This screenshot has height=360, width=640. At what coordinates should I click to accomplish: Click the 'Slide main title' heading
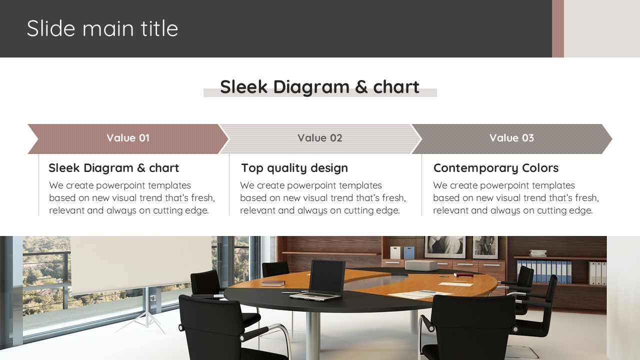tap(102, 28)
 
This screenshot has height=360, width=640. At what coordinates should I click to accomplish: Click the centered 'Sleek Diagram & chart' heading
tap(319, 86)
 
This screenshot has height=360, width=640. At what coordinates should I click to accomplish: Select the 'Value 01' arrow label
tap(128, 138)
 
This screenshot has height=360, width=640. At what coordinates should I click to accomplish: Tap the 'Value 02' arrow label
tap(319, 138)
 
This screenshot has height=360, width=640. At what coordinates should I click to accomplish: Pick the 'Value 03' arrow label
tap(511, 138)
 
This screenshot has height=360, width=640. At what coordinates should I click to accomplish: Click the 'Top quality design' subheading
tap(294, 168)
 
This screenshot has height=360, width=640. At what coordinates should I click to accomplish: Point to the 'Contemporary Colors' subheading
tap(496, 168)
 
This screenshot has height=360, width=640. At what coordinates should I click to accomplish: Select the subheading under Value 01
tap(113, 168)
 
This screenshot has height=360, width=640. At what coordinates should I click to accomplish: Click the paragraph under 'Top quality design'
tap(323, 197)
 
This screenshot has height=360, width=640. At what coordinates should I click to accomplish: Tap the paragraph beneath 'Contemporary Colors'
tap(516, 197)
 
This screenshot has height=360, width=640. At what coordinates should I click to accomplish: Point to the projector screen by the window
tap(141, 264)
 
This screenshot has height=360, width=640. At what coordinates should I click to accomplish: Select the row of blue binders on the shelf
tap(544, 271)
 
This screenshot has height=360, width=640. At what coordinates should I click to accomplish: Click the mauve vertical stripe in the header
tap(557, 28)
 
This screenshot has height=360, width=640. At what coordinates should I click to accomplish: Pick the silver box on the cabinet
tap(421, 265)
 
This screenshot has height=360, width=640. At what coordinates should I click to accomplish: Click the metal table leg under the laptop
tap(313, 335)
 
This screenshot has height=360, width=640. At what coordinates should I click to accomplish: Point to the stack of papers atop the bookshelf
tap(537, 253)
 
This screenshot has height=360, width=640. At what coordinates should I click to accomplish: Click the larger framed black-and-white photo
tap(445, 247)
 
